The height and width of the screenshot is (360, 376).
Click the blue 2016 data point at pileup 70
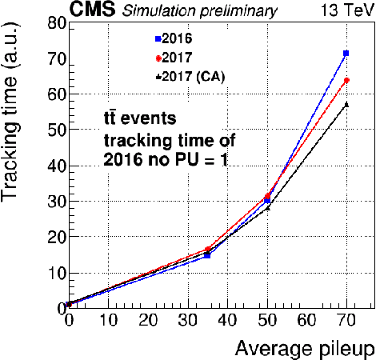[x=346, y=53]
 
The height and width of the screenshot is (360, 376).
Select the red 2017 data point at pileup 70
[x=346, y=81]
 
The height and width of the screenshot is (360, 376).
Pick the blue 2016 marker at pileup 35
[x=207, y=254]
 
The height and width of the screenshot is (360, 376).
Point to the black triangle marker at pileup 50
[x=267, y=208]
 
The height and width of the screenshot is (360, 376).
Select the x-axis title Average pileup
[x=303, y=349]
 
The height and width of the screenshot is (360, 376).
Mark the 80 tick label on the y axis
[x=54, y=24]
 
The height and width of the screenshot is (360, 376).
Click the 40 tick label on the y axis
[x=54, y=166]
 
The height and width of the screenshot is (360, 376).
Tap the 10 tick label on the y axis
[x=54, y=273]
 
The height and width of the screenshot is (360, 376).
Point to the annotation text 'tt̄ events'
[x=135, y=120]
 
